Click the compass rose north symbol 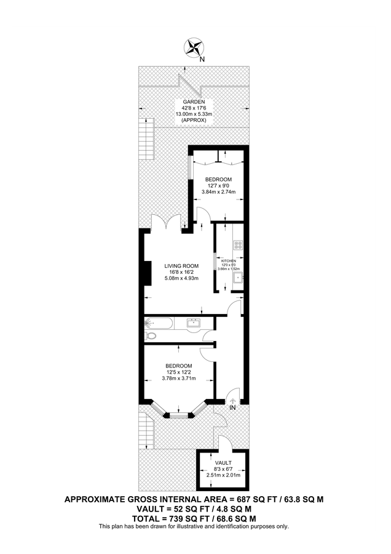click(x=195, y=47)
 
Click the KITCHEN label click(x=229, y=261)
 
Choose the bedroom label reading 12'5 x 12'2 click(x=178, y=366)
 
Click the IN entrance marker click(x=232, y=407)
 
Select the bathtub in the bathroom click(x=159, y=323)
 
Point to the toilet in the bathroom click(x=151, y=336)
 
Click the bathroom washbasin click(x=194, y=322)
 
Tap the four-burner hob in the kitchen click(x=239, y=244)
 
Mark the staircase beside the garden click(x=146, y=131)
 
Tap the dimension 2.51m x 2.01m click(x=223, y=475)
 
